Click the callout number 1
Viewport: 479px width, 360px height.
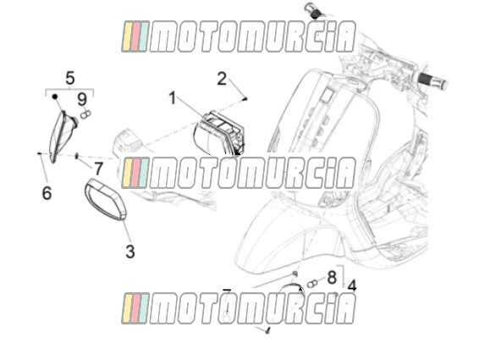173,98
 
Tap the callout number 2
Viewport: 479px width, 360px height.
222,79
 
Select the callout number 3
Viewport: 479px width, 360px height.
130,252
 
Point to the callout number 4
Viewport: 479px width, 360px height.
352,286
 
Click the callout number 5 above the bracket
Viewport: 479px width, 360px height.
70,78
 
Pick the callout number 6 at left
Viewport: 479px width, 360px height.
47,193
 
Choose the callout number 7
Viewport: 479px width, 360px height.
98,169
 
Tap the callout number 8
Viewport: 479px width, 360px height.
332,278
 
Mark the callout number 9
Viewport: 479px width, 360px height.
82,99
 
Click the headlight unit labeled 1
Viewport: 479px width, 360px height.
219,134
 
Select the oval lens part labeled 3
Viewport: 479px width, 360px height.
106,199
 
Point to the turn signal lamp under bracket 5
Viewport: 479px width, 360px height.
63,136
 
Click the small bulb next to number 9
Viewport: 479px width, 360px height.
85,115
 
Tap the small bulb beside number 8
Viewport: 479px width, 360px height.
311,284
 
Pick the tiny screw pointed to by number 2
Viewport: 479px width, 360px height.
245,98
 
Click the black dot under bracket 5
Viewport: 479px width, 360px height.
55,97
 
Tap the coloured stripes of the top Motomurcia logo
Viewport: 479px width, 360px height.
135,36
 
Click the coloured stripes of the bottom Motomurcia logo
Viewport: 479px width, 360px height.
135,308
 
